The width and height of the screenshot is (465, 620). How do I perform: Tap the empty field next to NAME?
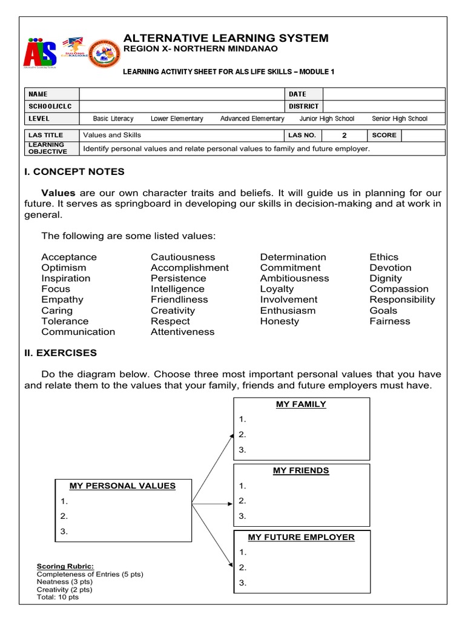(182, 94)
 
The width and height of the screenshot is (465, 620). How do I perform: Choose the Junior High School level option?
(326, 119)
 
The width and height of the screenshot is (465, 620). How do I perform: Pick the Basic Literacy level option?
(113, 119)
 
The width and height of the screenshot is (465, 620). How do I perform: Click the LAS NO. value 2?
(344, 136)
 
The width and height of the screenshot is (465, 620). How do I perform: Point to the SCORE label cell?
(384, 135)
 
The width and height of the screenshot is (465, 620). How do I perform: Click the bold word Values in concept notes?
(58, 193)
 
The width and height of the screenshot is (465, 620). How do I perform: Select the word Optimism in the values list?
(64, 268)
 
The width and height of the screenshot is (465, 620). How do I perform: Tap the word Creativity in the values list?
(173, 311)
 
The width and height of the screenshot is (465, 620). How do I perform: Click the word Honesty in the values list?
(279, 322)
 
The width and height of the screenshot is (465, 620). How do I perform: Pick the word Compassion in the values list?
(398, 289)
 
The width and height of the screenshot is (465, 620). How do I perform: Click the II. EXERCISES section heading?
(60, 353)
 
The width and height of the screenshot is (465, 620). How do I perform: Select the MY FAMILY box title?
(301, 404)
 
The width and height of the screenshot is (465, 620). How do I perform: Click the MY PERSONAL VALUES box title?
(122, 486)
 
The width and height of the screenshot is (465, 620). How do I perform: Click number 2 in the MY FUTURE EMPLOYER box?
(242, 567)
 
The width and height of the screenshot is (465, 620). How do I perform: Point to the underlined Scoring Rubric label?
(65, 566)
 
